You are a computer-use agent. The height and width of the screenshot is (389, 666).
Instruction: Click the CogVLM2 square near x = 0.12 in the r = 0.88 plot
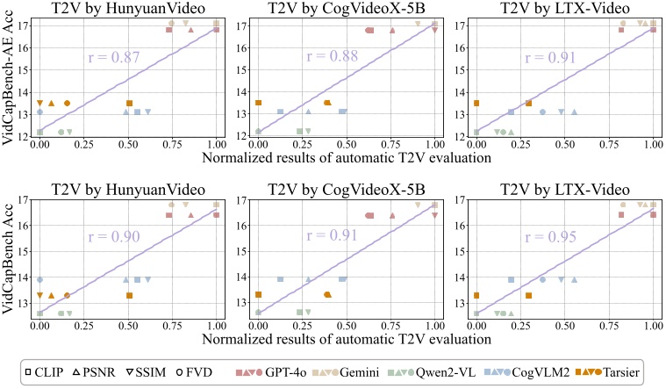tap(281, 112)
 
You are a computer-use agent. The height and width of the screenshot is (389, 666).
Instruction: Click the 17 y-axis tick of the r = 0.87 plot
tap(24, 25)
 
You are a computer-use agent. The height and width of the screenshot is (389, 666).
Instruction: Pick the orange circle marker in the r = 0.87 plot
tap(67, 103)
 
